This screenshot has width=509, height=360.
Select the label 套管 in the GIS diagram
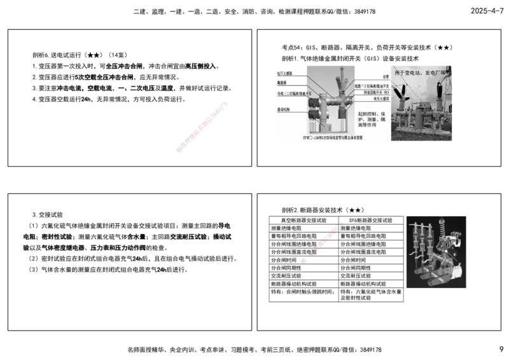click(386, 77)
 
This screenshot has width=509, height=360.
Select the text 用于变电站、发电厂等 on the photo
click(422, 73)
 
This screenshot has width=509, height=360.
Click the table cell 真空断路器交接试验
click(303, 220)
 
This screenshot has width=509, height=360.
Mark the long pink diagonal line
click(201, 127)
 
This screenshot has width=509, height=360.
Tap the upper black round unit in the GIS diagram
click(314, 101)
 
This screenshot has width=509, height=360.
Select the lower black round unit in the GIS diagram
click(314, 114)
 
